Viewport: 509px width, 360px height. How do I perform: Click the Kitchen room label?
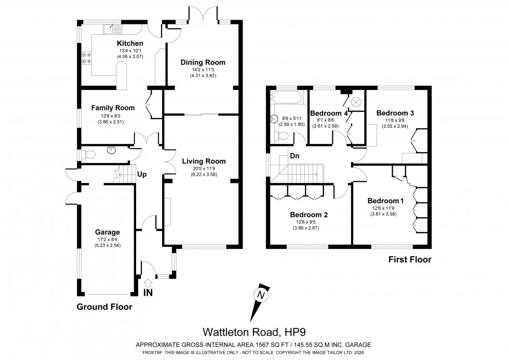pyautogui.click(x=128, y=43)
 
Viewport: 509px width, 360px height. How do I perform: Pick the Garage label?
pyautogui.click(x=108, y=232)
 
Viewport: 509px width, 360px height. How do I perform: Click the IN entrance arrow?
pyautogui.click(x=148, y=283)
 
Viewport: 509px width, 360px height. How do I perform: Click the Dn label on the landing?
pyautogui.click(x=295, y=155)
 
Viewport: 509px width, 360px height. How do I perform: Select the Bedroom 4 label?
pyautogui.click(x=328, y=113)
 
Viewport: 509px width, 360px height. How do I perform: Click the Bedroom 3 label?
pyautogui.click(x=395, y=113)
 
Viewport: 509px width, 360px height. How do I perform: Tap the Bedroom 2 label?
pyautogui.click(x=309, y=215)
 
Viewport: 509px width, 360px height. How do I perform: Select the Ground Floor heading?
pyautogui.click(x=104, y=306)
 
